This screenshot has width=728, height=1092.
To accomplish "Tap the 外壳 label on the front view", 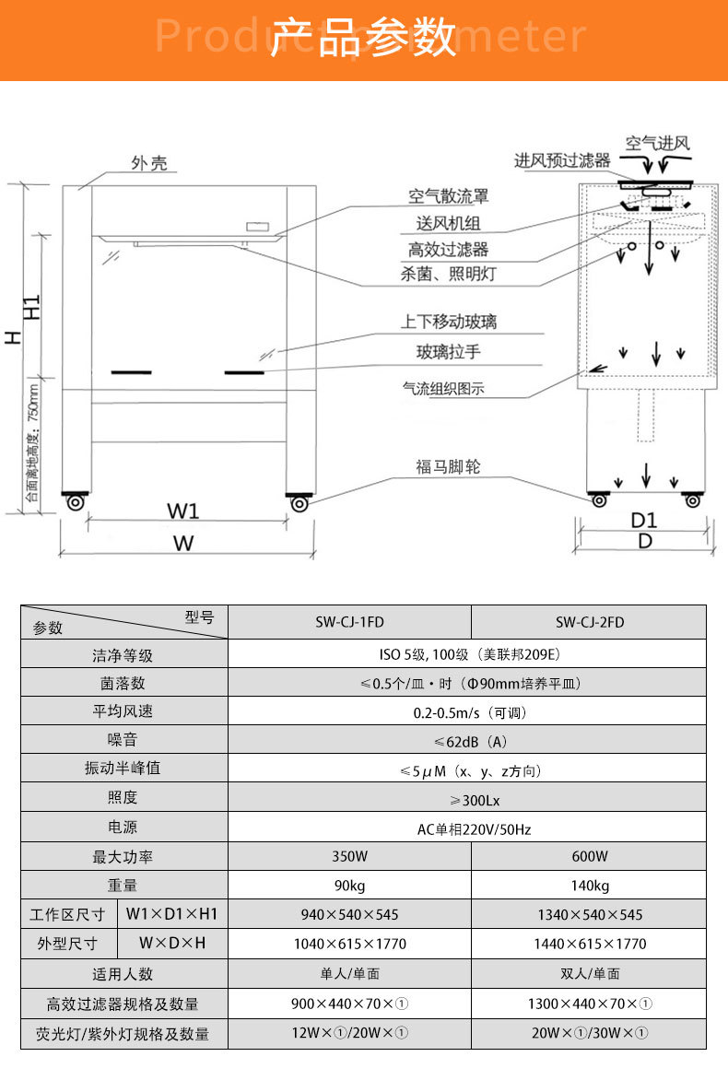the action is [149, 163].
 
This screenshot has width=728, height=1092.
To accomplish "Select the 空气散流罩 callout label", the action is [448, 196].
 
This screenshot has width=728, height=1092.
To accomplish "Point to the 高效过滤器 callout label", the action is [448, 249].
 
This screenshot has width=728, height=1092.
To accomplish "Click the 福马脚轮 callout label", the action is [448, 466].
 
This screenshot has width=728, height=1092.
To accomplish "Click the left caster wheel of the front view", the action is [76, 502].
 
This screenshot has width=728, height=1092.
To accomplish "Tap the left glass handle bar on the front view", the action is [132, 372].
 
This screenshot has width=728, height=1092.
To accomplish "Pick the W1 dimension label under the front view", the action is [183, 511].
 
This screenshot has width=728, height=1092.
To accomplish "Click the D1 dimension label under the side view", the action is [644, 521].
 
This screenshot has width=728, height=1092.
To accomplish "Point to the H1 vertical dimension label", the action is [32, 307].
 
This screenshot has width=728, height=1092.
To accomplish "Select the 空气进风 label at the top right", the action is [657, 144].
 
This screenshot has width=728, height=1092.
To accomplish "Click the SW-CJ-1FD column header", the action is [350, 622].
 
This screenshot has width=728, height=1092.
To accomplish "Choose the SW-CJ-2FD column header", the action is [590, 622].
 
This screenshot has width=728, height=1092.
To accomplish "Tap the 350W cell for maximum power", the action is [350, 857].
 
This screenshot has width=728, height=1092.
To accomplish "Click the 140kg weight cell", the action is [590, 886].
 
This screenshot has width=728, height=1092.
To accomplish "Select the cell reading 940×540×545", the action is [350, 914].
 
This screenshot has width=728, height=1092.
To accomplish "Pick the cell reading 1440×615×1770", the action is [590, 944].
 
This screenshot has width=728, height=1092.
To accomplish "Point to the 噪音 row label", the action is [123, 740].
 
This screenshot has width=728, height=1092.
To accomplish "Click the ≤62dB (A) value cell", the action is [471, 742].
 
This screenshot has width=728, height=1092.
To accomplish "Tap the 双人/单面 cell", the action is [590, 974].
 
